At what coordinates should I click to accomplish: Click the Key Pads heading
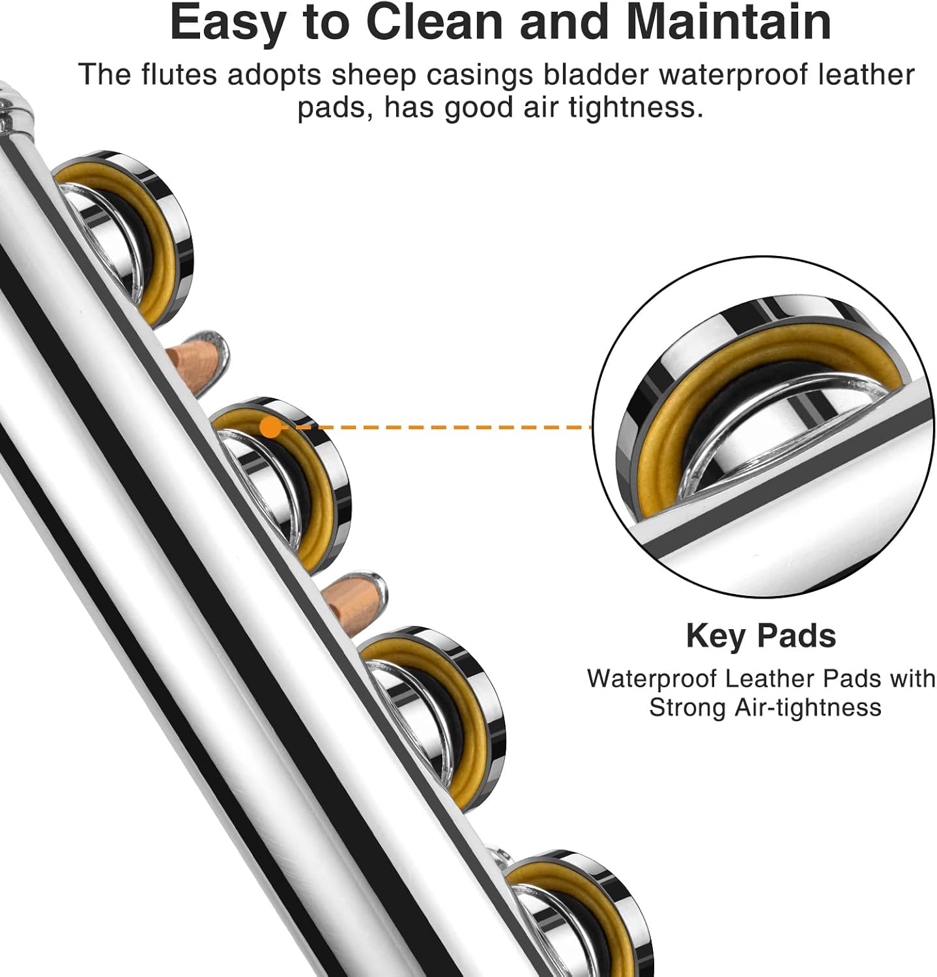coord(760,636)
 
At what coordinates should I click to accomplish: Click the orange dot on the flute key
coord(270,428)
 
